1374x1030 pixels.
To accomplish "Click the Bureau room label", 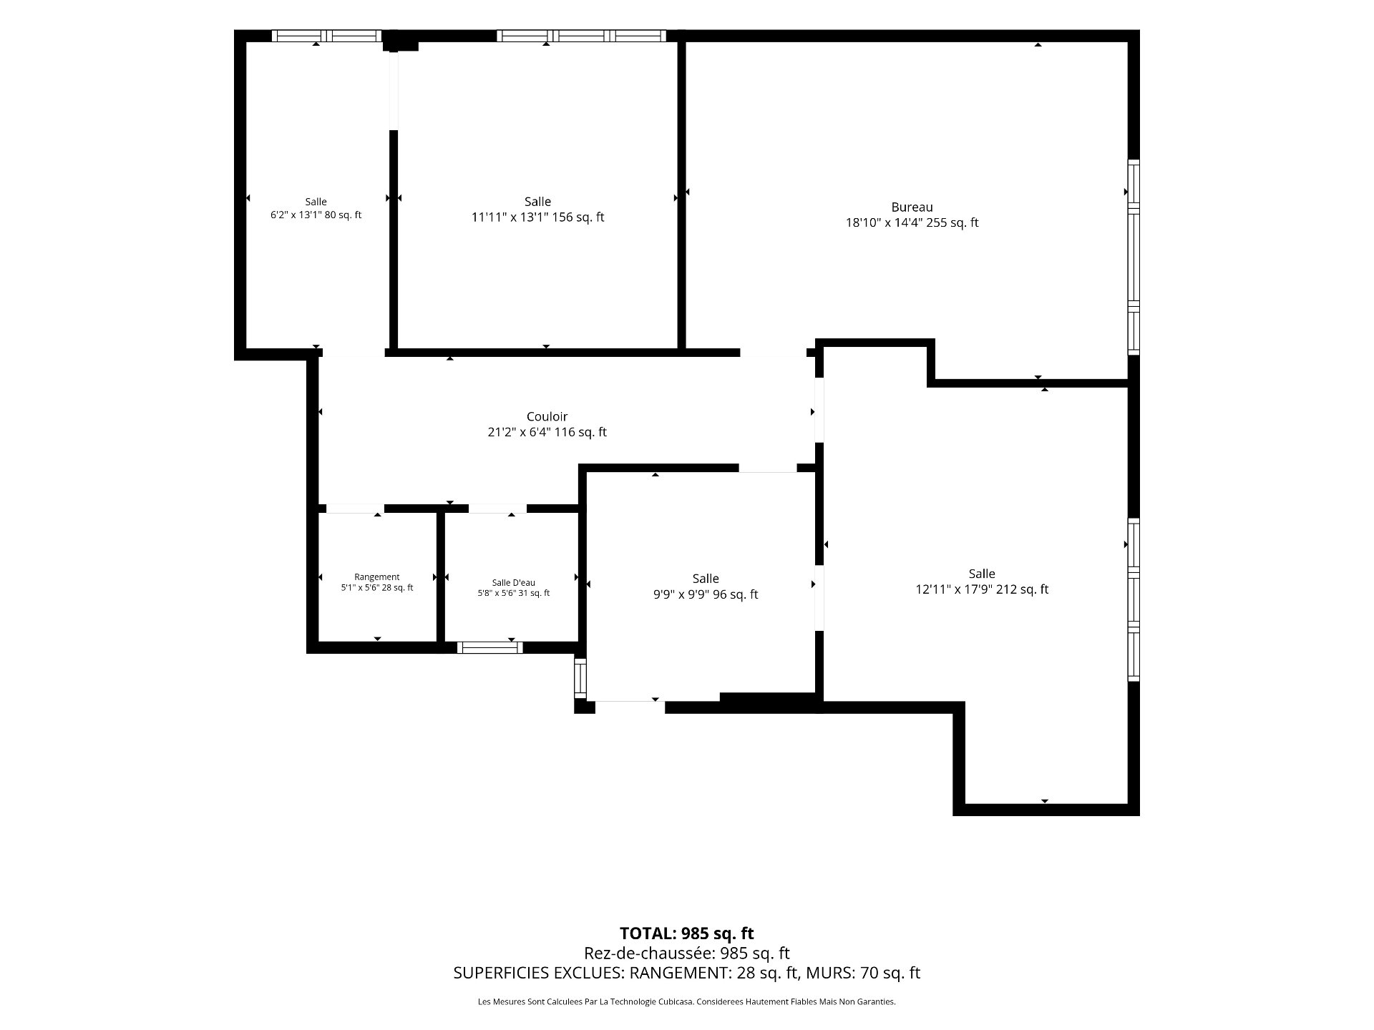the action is pyautogui.click(x=912, y=207).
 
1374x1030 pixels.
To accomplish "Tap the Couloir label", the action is pyautogui.click(x=547, y=416).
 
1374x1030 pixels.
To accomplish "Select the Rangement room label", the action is pyautogui.click(x=377, y=577).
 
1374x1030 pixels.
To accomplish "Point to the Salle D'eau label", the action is pyautogui.click(x=513, y=583).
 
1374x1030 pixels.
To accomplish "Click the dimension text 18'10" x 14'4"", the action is pyautogui.click(x=885, y=222).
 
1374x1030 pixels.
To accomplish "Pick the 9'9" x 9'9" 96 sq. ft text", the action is pyautogui.click(x=706, y=594).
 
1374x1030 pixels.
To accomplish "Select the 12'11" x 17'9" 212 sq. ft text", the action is pyautogui.click(x=982, y=589).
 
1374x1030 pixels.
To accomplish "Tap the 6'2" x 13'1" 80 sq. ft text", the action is pyautogui.click(x=316, y=215).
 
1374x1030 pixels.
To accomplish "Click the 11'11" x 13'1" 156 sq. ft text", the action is pyautogui.click(x=537, y=217).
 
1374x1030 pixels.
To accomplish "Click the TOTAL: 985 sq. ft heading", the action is pyautogui.click(x=687, y=933).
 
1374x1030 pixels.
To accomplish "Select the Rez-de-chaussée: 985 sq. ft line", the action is pyautogui.click(x=687, y=953).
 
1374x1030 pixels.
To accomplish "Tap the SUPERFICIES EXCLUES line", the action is pyautogui.click(x=687, y=973).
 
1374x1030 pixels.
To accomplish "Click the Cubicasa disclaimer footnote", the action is pyautogui.click(x=687, y=1002).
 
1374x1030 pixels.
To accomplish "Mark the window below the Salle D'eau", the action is pyautogui.click(x=490, y=647).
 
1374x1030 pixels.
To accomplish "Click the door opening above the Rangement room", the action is pyautogui.click(x=355, y=509).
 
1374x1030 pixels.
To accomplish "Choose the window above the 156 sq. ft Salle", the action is pyautogui.click(x=581, y=36).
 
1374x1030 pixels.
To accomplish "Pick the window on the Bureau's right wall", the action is pyautogui.click(x=1134, y=257).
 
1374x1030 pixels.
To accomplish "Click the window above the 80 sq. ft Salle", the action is pyautogui.click(x=326, y=36).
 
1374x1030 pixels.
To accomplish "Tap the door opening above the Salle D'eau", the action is pyautogui.click(x=497, y=509).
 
